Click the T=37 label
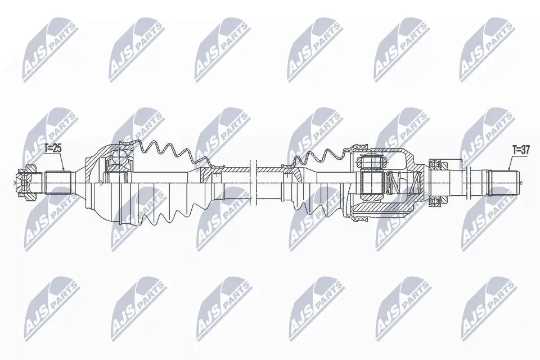click(520, 150)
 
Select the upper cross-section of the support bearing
click(435, 164)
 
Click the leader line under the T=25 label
click(63, 163)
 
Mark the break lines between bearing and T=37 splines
click(462, 182)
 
